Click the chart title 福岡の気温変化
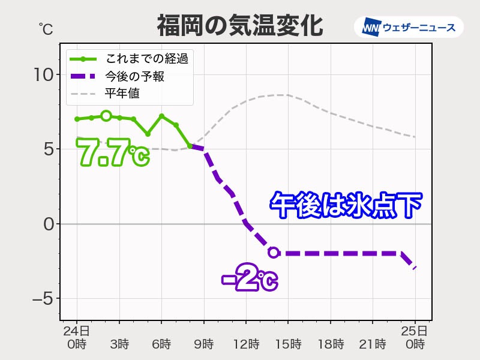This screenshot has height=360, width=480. click(239, 26)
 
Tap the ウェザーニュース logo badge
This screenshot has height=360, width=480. click(409, 27)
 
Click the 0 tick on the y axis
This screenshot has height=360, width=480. click(48, 224)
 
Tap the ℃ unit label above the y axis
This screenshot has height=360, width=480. click(46, 28)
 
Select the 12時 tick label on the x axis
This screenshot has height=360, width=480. click(246, 344)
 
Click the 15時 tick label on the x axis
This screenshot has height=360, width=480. click(288, 344)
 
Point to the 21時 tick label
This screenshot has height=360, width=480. click(372, 344)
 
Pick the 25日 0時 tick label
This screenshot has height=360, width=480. click(415, 337)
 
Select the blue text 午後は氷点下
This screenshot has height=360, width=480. click(346, 205)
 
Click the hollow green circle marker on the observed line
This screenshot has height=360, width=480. click(106, 115)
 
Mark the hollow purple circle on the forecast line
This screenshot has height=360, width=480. click(274, 253)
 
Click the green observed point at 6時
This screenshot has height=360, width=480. click(161, 116)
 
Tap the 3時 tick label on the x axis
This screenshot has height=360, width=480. click(119, 344)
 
